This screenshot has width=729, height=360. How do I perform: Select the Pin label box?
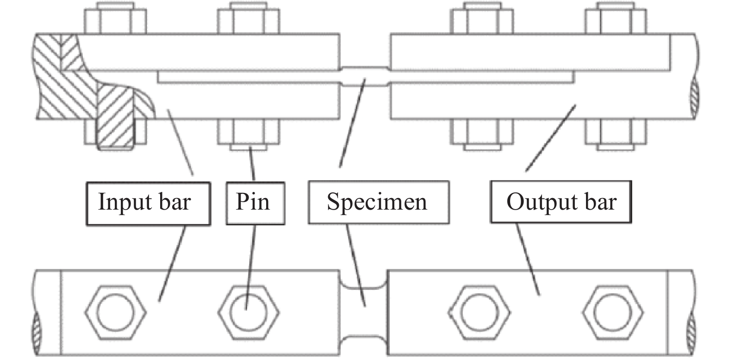point(255,203)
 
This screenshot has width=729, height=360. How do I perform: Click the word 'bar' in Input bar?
point(174,202)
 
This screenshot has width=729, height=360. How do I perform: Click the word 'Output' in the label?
point(537,202)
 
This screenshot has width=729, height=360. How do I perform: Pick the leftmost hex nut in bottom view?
point(115,308)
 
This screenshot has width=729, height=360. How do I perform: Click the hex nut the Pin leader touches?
point(249,308)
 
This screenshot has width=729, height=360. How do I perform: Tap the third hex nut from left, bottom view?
point(480,308)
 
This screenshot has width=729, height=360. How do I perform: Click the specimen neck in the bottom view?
point(364,312)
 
